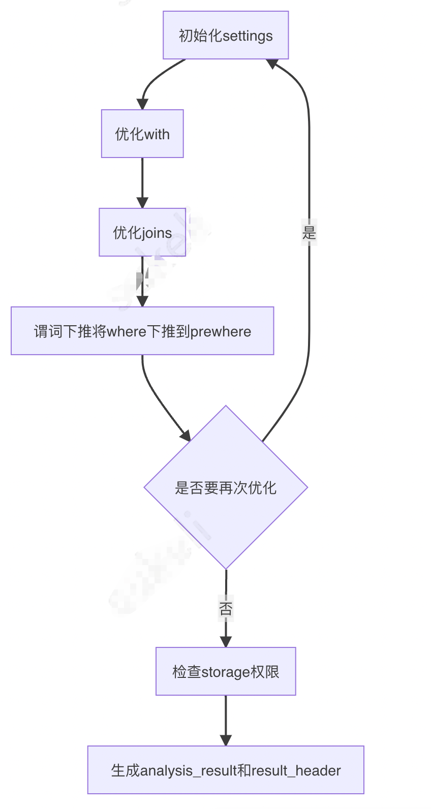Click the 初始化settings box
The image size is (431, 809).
[226, 35]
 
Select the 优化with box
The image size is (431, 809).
[142, 134]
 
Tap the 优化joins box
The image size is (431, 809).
[142, 232]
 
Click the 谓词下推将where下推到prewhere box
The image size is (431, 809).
[142, 331]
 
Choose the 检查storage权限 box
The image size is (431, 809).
[226, 671]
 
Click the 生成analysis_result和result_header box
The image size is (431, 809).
[226, 770]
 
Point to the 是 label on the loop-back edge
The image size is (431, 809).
[309, 233]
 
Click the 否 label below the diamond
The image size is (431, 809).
[226, 608]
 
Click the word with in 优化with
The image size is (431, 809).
[157, 135]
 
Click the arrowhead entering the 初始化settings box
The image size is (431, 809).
[272, 64]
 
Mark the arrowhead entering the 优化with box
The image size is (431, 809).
[142, 104]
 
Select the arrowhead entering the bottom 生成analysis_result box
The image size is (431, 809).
[226, 740]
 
